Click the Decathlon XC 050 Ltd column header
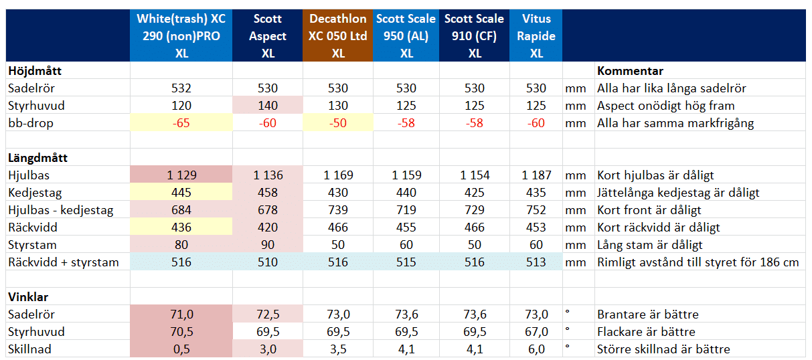(337, 36)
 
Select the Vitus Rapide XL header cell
(536, 36)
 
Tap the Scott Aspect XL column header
(267, 36)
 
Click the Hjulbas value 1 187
(536, 175)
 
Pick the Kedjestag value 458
(268, 193)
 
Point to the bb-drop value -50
(338, 123)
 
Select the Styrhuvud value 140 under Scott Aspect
(268, 106)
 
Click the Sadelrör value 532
(181, 88)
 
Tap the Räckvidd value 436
(181, 228)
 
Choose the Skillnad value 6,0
(536, 349)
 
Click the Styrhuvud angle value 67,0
(536, 332)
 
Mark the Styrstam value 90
(268, 245)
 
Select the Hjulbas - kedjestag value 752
(536, 210)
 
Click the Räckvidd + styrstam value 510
(268, 262)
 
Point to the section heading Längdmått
(37, 158)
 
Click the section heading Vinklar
(28, 297)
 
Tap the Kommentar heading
(630, 71)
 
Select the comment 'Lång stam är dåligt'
(649, 245)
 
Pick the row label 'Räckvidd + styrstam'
(63, 262)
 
